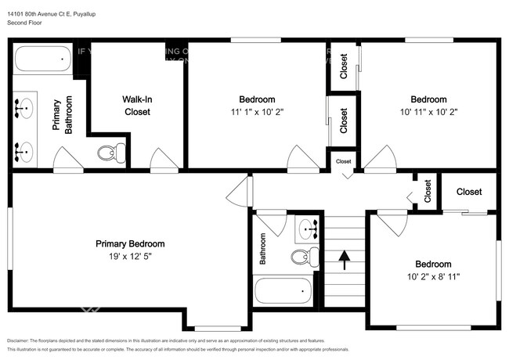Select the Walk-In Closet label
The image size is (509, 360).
pyautogui.click(x=137, y=106)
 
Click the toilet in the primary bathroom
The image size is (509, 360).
pyautogui.click(x=111, y=153)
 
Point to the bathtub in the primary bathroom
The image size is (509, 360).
pyautogui.click(x=42, y=59)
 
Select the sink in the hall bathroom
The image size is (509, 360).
pyautogui.click(x=307, y=228)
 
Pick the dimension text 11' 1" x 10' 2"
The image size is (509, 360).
pyautogui.click(x=257, y=111)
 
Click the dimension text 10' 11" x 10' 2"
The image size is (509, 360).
pyautogui.click(x=428, y=111)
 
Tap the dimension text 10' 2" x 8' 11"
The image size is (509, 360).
pyautogui.click(x=433, y=276)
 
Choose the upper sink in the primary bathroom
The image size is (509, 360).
pyautogui.click(x=25, y=106)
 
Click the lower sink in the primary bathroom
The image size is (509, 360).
pyautogui.click(x=25, y=149)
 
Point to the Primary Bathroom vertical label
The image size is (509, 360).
pyautogui.click(x=63, y=116)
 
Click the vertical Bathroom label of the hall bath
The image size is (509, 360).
pyautogui.click(x=263, y=247)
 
